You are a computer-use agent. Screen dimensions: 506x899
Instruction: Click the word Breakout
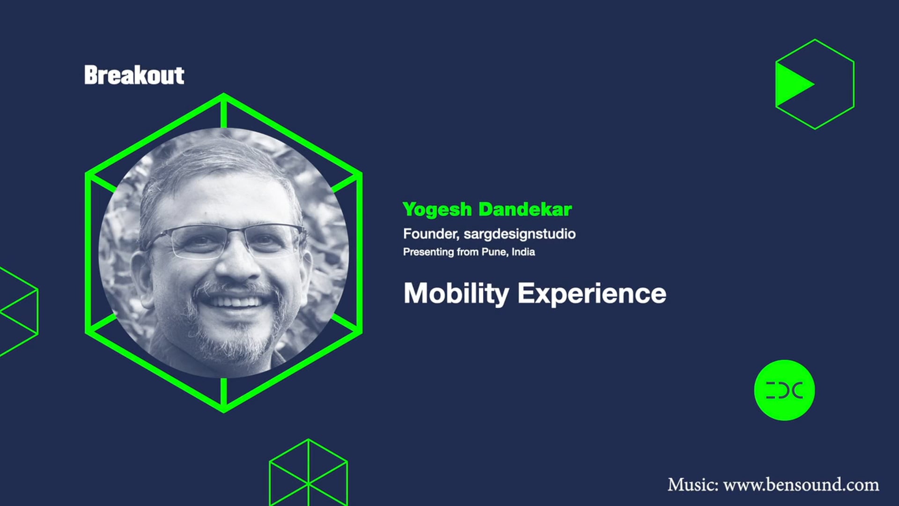pyautogui.click(x=134, y=75)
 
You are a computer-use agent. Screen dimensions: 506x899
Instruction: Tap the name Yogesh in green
pyautogui.click(x=437, y=209)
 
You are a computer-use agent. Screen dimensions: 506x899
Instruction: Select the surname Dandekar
pyautogui.click(x=525, y=209)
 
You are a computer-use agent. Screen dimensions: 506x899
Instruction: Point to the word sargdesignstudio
pyautogui.click(x=520, y=234)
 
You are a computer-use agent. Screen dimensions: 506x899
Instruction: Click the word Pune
pyautogui.click(x=494, y=252)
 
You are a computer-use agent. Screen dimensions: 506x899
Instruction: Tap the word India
pyautogui.click(x=523, y=252)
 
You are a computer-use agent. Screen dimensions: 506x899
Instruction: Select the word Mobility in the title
pyautogui.click(x=456, y=294)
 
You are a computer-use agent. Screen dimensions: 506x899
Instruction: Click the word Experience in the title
pyautogui.click(x=591, y=294)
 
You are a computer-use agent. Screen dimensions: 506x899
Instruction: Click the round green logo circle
pyautogui.click(x=784, y=390)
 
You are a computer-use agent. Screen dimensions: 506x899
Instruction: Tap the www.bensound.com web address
pyautogui.click(x=801, y=484)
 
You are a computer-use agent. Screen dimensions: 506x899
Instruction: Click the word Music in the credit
pyautogui.click(x=692, y=484)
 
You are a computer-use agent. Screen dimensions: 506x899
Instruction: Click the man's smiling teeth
pyautogui.click(x=236, y=301)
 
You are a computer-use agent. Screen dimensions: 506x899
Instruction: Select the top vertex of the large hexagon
pyautogui.click(x=224, y=95)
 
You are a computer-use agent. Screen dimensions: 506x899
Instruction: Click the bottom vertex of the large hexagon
pyautogui.click(x=224, y=410)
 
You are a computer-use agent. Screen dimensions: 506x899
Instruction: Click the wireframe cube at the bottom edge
pyautogui.click(x=308, y=473)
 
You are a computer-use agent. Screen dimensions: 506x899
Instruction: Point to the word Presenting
pyautogui.click(x=428, y=252)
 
